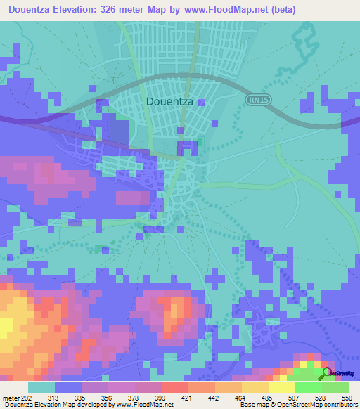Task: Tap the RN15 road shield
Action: click(257, 100)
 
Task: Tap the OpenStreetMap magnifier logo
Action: click(328, 373)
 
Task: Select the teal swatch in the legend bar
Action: click(41, 387)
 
